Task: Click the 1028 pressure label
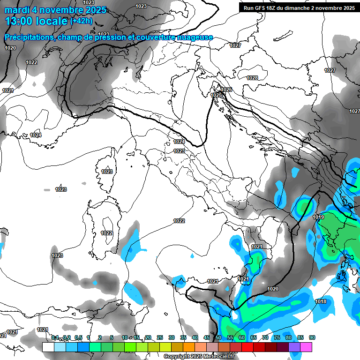pos(252,78)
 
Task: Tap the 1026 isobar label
pos(226,90)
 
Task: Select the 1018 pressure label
pos(321,301)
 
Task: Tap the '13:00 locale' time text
pos(36,21)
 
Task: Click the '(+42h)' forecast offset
pos(81,21)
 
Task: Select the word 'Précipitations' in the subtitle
pos(29,37)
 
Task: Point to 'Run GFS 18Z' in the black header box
pos(260,8)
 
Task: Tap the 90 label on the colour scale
pos(312,338)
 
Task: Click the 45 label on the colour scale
pos(207,338)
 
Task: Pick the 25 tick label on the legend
pos(160,338)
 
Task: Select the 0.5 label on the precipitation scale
pos(78,338)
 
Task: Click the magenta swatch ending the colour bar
pos(306,347)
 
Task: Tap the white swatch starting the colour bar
pos(48,347)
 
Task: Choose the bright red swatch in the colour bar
pos(247,347)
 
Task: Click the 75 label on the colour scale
pos(277,338)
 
